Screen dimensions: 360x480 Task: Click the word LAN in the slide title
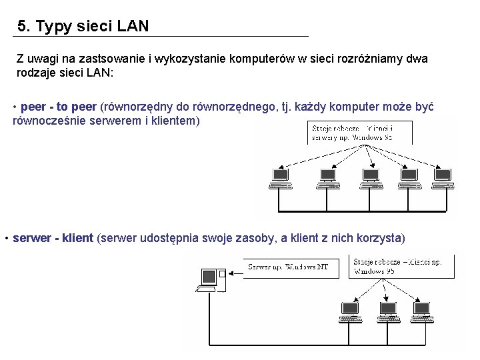[133, 27]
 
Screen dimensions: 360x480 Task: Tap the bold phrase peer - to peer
[59, 107]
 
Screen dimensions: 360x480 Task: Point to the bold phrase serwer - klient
[53, 238]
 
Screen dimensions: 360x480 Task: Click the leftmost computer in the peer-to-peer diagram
[280, 178]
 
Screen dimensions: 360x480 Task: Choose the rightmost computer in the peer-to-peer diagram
[442, 178]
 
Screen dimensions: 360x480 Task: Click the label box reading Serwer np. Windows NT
[289, 267]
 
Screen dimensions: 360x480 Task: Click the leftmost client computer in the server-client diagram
[350, 312]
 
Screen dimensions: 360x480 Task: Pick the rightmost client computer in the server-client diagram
[422, 312]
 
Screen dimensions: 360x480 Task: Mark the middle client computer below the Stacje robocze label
[387, 312]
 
